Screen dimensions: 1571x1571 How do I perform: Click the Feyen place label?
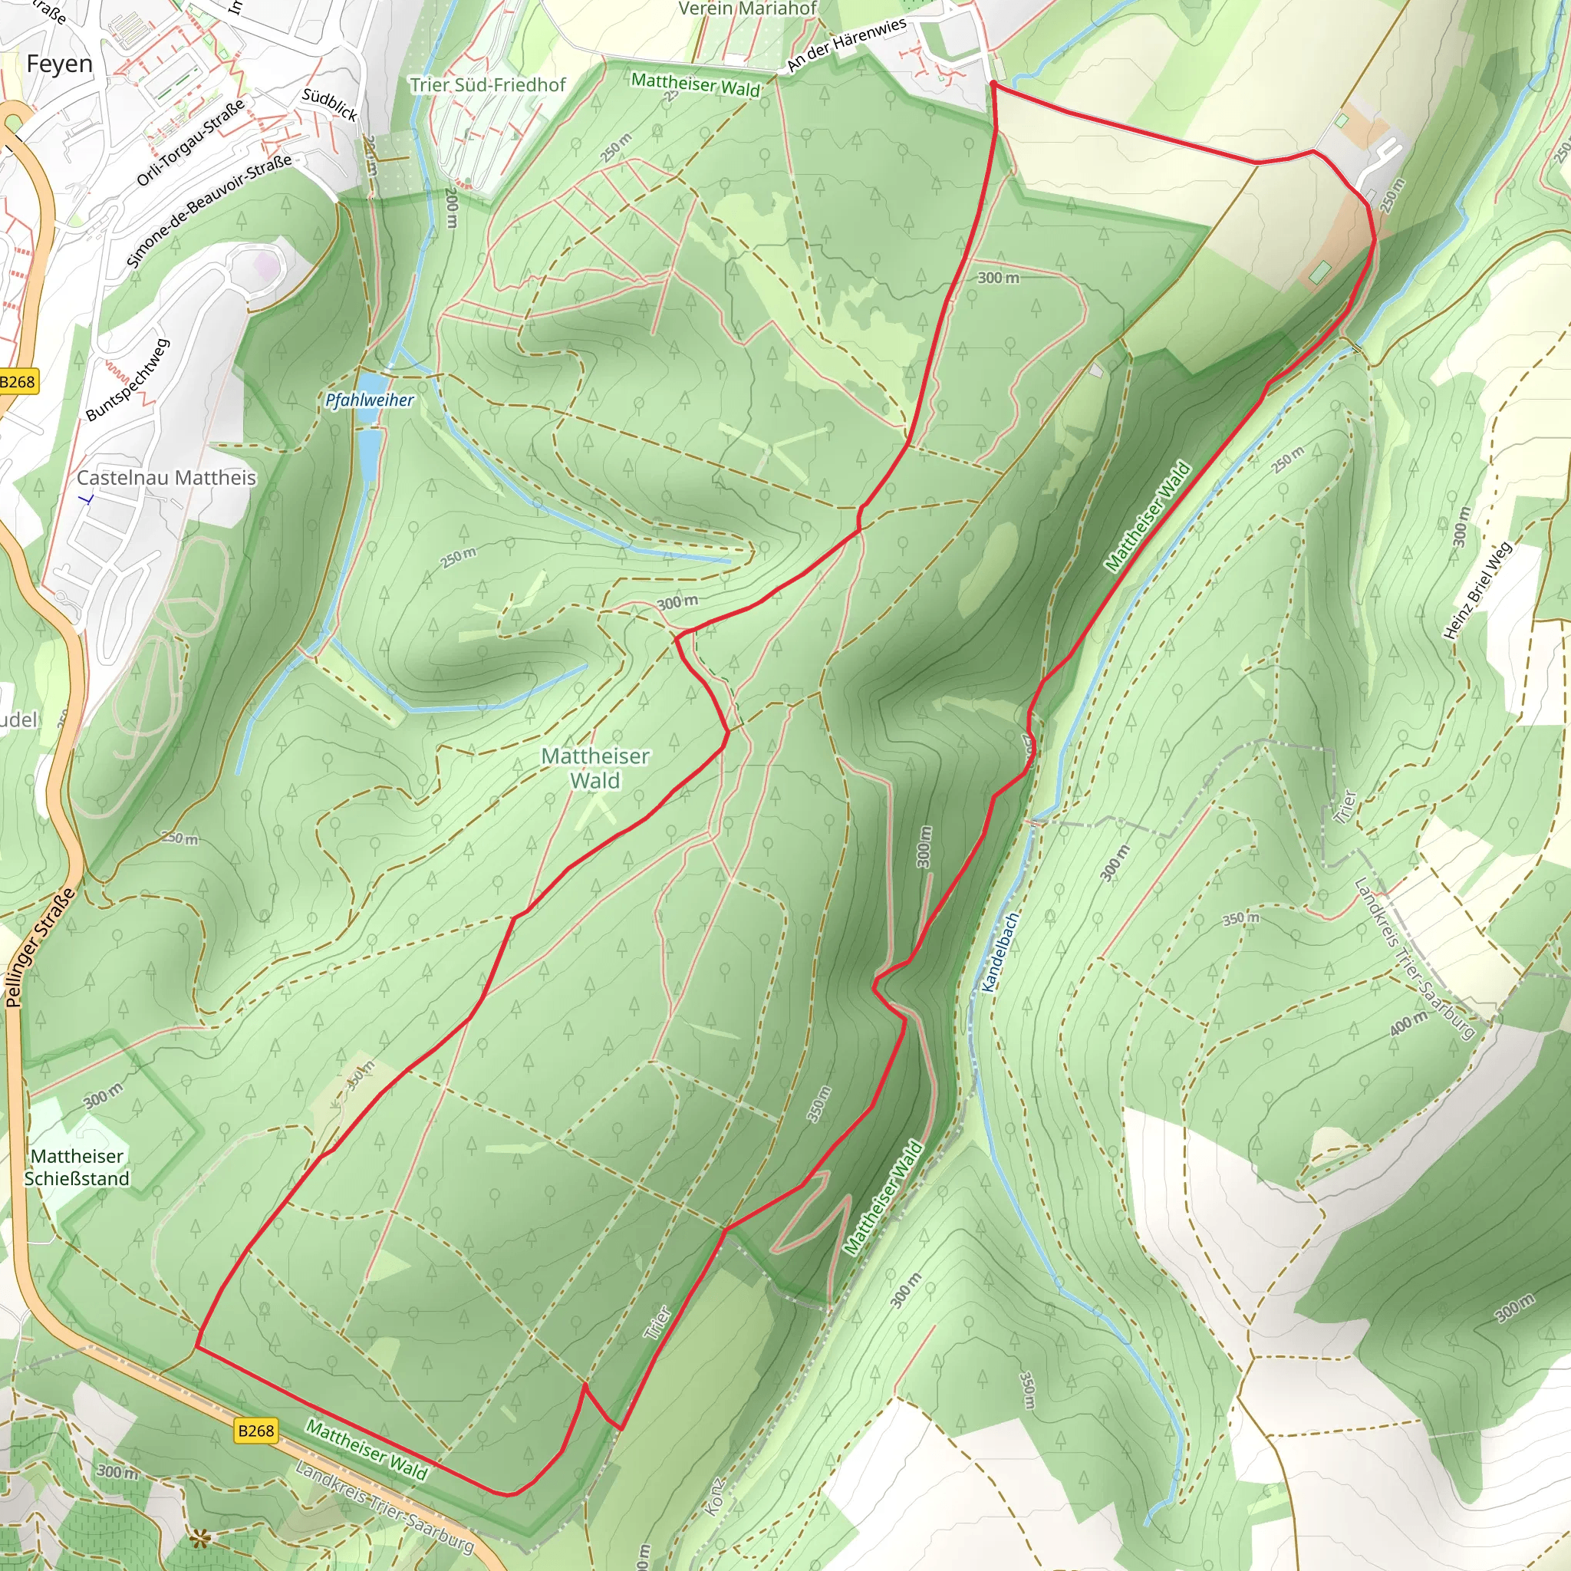pyautogui.click(x=59, y=64)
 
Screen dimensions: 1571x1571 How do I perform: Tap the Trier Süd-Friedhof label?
pyautogui.click(x=487, y=85)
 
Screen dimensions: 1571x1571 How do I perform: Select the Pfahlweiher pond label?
pyautogui.click(x=369, y=400)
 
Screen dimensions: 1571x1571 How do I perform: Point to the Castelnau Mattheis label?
pyautogui.click(x=166, y=478)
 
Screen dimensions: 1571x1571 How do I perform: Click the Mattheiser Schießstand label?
pyautogui.click(x=77, y=1167)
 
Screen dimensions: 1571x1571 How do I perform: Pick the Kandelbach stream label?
pyautogui.click(x=1000, y=952)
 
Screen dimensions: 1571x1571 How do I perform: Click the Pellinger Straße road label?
pyautogui.click(x=40, y=948)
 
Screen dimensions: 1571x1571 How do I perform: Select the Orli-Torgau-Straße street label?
pyautogui.click(x=190, y=143)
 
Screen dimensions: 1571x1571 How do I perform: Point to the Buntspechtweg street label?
pyautogui.click(x=127, y=380)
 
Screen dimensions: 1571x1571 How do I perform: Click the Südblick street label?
pyautogui.click(x=329, y=104)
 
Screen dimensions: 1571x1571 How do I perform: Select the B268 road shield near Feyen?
pyautogui.click(x=17, y=382)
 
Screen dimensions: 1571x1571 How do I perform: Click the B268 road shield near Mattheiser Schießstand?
pyautogui.click(x=256, y=1431)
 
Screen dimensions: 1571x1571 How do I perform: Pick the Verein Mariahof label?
pyautogui.click(x=747, y=9)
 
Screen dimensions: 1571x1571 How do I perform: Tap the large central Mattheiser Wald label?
pyautogui.click(x=595, y=768)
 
